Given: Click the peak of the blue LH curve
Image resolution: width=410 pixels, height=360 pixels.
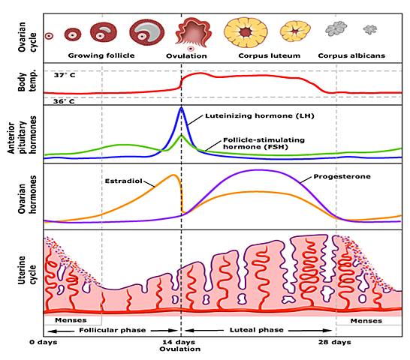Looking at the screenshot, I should coord(180,109).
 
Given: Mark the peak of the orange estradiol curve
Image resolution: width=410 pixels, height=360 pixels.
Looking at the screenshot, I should coord(174,175).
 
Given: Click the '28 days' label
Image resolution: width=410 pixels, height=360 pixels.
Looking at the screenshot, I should coord(335,343).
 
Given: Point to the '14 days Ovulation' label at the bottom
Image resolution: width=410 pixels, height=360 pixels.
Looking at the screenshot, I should coord(180,346).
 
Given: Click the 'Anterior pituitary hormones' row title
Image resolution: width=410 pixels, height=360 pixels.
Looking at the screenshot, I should coord(22,133).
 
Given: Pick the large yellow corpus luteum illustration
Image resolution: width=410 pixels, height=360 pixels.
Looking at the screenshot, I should coord(251,31).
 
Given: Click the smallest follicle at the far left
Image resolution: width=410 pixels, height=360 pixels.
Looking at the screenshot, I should coord(50,35).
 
